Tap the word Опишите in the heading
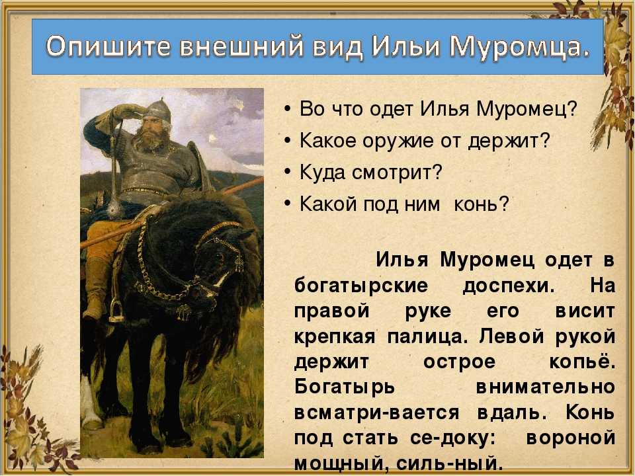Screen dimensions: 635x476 109,46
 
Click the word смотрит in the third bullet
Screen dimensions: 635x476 397,173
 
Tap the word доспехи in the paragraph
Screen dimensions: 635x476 509,286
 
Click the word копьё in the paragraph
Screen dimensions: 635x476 582,362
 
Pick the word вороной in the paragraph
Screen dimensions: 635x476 571,438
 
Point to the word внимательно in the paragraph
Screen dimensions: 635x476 546,387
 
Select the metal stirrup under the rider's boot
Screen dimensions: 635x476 116,311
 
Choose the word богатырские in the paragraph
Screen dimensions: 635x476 361,286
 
